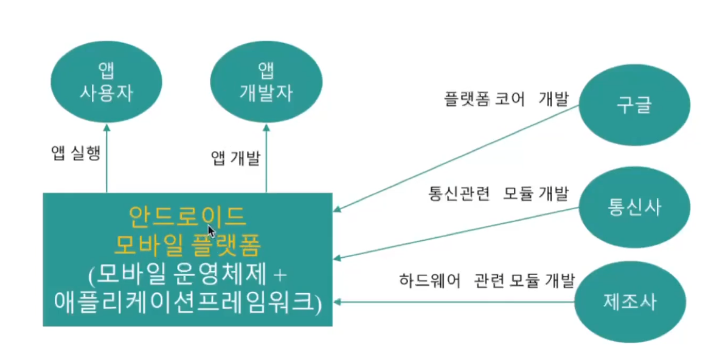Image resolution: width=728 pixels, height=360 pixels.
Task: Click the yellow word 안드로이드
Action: [x=187, y=216]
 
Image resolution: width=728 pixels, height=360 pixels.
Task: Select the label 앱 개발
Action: [x=235, y=159]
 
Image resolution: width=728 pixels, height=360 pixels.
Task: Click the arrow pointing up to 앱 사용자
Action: [x=106, y=158]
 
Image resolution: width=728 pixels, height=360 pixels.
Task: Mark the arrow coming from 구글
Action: [x=456, y=157]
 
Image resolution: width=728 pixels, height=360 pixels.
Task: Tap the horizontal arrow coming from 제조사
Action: [x=456, y=302]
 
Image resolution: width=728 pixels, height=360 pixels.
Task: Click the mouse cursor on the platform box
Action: [x=212, y=230]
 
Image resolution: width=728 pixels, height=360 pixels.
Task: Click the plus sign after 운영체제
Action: [x=279, y=275]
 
